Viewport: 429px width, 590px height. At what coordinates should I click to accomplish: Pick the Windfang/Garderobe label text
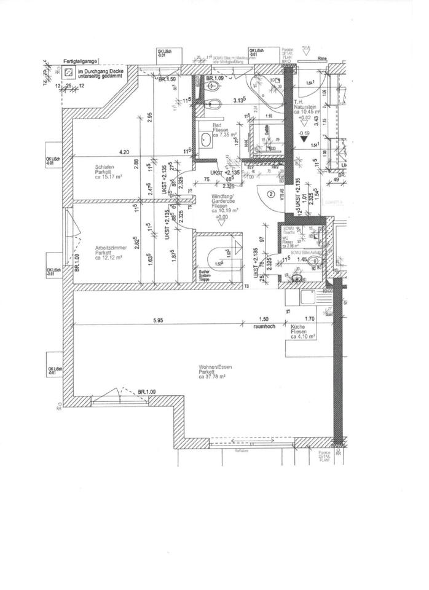pyautogui.click(x=220, y=202)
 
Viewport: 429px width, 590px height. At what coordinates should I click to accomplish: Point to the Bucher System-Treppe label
pyautogui.click(x=205, y=275)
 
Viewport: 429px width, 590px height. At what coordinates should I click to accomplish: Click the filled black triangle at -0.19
pyautogui.click(x=303, y=140)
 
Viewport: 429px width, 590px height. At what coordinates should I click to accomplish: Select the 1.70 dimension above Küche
pyautogui.click(x=309, y=320)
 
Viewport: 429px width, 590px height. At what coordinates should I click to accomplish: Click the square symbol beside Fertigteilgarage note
pyautogui.click(x=68, y=71)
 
